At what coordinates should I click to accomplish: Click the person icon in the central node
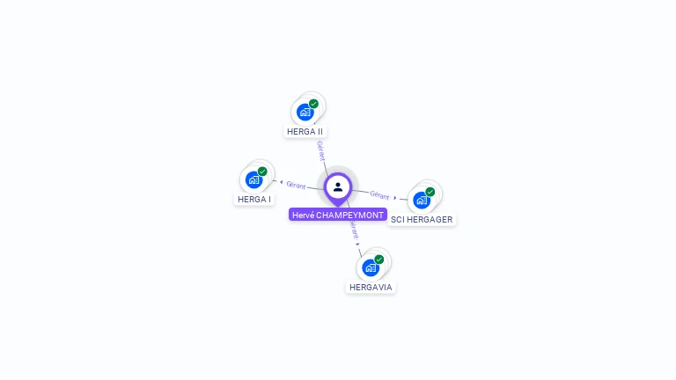[338, 186]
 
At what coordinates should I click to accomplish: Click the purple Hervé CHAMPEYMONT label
[338, 215]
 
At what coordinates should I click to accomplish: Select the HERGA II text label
[305, 132]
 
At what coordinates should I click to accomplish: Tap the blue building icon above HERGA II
[305, 112]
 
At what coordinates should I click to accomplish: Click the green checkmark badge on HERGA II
[313, 104]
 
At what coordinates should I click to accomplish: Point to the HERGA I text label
[254, 200]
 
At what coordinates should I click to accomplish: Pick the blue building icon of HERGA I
[253, 179]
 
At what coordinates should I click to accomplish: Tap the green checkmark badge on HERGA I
[262, 172]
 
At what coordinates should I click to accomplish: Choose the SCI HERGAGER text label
[422, 220]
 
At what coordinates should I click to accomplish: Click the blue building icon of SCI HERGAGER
[421, 200]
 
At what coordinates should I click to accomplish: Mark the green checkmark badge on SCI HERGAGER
[430, 192]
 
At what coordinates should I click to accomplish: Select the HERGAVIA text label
[371, 288]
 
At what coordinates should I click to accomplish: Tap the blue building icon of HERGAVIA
[371, 267]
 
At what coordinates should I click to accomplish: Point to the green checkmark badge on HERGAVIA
[379, 259]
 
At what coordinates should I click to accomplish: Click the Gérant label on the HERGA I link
[296, 185]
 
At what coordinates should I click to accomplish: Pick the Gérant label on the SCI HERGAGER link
[379, 194]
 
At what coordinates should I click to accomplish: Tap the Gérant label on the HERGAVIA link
[353, 230]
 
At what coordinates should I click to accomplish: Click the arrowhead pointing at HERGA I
[281, 182]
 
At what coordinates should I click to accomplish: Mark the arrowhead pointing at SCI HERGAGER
[395, 197]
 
